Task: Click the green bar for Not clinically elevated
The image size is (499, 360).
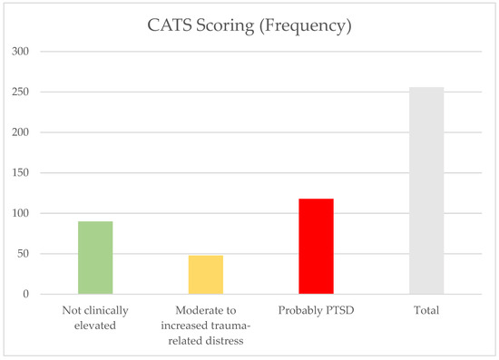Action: click(95, 258)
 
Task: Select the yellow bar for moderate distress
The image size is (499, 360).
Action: click(205, 275)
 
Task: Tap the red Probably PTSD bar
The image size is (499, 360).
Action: click(317, 246)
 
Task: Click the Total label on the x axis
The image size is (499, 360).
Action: click(426, 311)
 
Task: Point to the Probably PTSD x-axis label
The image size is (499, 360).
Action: click(316, 311)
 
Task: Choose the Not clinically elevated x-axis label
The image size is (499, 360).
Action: click(95, 317)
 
